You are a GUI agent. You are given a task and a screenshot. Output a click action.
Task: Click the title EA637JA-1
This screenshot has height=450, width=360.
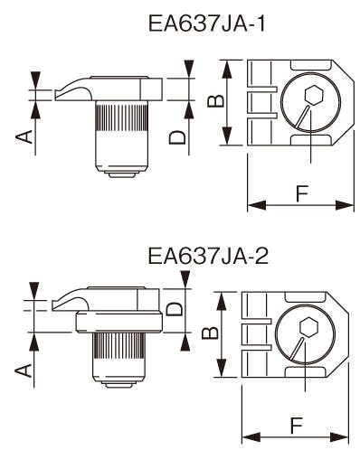206,23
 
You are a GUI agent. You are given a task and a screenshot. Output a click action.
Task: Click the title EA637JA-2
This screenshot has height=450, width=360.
208,256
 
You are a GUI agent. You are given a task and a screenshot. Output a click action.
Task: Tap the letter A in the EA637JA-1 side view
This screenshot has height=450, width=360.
24,136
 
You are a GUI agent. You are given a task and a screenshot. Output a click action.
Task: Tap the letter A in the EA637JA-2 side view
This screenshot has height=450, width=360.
24,370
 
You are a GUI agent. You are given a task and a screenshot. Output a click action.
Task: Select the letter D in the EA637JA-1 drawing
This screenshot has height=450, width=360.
177,137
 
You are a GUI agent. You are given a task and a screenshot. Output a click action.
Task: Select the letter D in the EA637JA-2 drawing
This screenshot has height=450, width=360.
175,309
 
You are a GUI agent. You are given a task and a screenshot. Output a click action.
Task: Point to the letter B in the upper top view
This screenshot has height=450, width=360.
216,101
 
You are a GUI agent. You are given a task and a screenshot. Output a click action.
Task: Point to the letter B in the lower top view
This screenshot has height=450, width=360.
210,333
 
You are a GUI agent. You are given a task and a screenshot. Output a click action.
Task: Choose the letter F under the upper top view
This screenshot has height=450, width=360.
302,193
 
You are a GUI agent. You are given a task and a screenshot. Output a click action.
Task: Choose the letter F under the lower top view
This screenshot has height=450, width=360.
296,426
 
